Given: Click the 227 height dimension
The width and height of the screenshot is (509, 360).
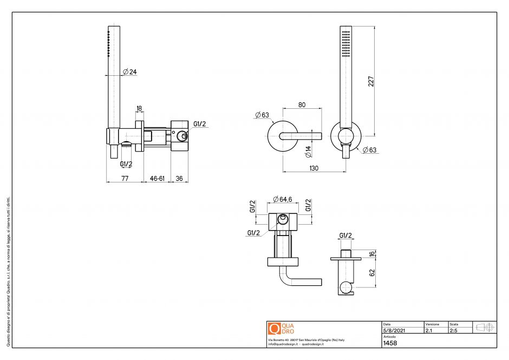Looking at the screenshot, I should click(371, 81).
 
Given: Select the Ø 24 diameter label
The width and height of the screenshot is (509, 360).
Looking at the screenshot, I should click(129, 72).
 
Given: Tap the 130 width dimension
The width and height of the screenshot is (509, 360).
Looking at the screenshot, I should click(314, 168).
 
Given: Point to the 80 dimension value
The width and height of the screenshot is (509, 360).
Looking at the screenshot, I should click(302, 105).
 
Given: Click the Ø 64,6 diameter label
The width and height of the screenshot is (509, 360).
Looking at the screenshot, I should click(283, 199).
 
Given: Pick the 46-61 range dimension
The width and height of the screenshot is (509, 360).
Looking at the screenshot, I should click(157, 178).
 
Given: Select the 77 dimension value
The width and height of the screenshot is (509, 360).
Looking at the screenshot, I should click(125, 178).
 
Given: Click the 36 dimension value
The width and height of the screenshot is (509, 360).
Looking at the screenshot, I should click(180, 178).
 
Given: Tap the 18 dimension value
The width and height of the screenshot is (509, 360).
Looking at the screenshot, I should click(139, 109).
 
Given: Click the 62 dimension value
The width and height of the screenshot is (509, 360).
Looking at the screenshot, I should click(371, 272).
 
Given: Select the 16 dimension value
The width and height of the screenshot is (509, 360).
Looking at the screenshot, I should click(371, 254).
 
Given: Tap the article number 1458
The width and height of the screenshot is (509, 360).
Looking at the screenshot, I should click(390, 343).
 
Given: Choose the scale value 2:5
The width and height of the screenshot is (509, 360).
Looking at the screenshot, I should click(453, 330).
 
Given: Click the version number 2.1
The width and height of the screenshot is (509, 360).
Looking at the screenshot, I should click(429, 330).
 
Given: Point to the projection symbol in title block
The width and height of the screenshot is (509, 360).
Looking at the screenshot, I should click(485, 327).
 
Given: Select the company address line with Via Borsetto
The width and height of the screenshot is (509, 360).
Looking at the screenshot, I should click(306, 340).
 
